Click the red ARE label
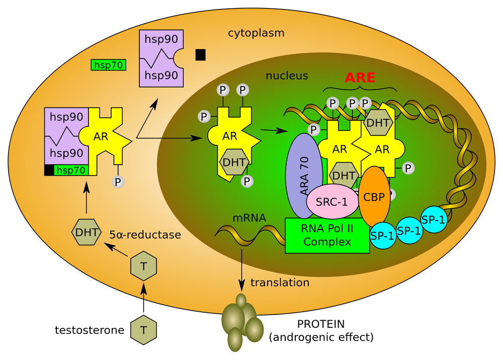coord(360,78)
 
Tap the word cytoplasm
coord(256,34)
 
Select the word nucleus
coord(287,76)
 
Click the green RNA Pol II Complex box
coord(327,235)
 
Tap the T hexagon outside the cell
coord(143,330)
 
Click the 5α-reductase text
coord(145,235)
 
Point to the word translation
coord(280,282)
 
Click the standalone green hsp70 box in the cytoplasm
coord(109,65)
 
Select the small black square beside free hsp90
coord(201,54)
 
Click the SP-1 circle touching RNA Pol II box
coord(383,235)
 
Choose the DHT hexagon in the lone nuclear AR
coord(234,163)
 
